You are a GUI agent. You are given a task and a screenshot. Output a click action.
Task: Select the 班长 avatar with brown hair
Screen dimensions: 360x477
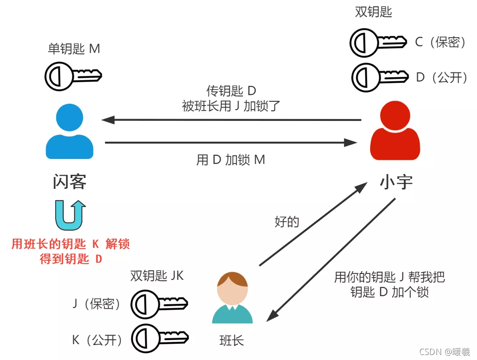[x=232, y=298]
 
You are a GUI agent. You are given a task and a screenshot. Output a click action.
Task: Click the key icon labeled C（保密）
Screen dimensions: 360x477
[x=378, y=42]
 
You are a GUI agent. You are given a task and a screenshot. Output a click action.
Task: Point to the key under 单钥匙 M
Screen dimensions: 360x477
[x=73, y=76]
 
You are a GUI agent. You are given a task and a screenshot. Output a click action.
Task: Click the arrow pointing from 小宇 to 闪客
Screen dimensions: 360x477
[x=231, y=120]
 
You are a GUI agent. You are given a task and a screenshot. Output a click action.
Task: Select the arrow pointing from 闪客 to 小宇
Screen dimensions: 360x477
[x=231, y=143]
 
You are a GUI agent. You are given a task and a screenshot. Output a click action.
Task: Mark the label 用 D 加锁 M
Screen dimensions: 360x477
[x=231, y=160]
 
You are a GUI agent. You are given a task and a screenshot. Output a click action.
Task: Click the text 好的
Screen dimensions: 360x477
[x=287, y=222]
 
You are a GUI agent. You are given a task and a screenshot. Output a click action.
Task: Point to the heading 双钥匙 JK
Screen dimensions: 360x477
[x=157, y=276]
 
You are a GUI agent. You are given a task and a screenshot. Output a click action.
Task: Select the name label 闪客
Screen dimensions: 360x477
[x=69, y=182]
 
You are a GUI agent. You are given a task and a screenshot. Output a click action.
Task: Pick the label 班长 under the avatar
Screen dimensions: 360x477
[x=232, y=341]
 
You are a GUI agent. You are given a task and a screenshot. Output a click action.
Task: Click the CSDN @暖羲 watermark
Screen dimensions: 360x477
[x=444, y=351]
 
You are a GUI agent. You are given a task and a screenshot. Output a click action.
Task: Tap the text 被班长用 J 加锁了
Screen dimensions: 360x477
[x=231, y=106]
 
